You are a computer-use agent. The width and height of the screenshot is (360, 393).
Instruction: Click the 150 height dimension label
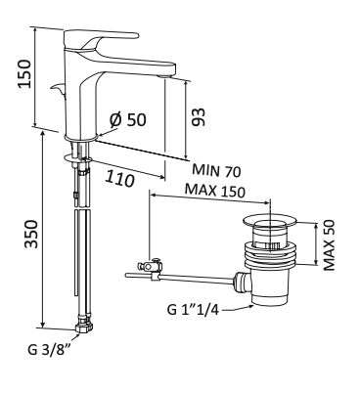click(25, 73)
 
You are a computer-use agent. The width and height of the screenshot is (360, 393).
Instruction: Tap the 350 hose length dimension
click(32, 234)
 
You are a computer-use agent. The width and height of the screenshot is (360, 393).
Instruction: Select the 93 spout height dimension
click(199, 116)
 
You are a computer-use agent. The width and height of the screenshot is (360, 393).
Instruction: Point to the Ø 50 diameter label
click(128, 119)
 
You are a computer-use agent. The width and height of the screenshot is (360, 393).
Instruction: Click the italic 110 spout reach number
click(119, 179)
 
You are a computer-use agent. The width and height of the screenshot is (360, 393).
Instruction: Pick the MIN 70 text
click(216, 170)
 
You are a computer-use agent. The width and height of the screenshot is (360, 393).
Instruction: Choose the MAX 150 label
click(214, 191)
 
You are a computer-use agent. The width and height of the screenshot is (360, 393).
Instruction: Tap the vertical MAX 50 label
click(329, 245)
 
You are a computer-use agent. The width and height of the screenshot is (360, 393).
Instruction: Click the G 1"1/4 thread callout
click(193, 309)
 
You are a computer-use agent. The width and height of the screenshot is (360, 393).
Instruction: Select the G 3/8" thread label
click(49, 350)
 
